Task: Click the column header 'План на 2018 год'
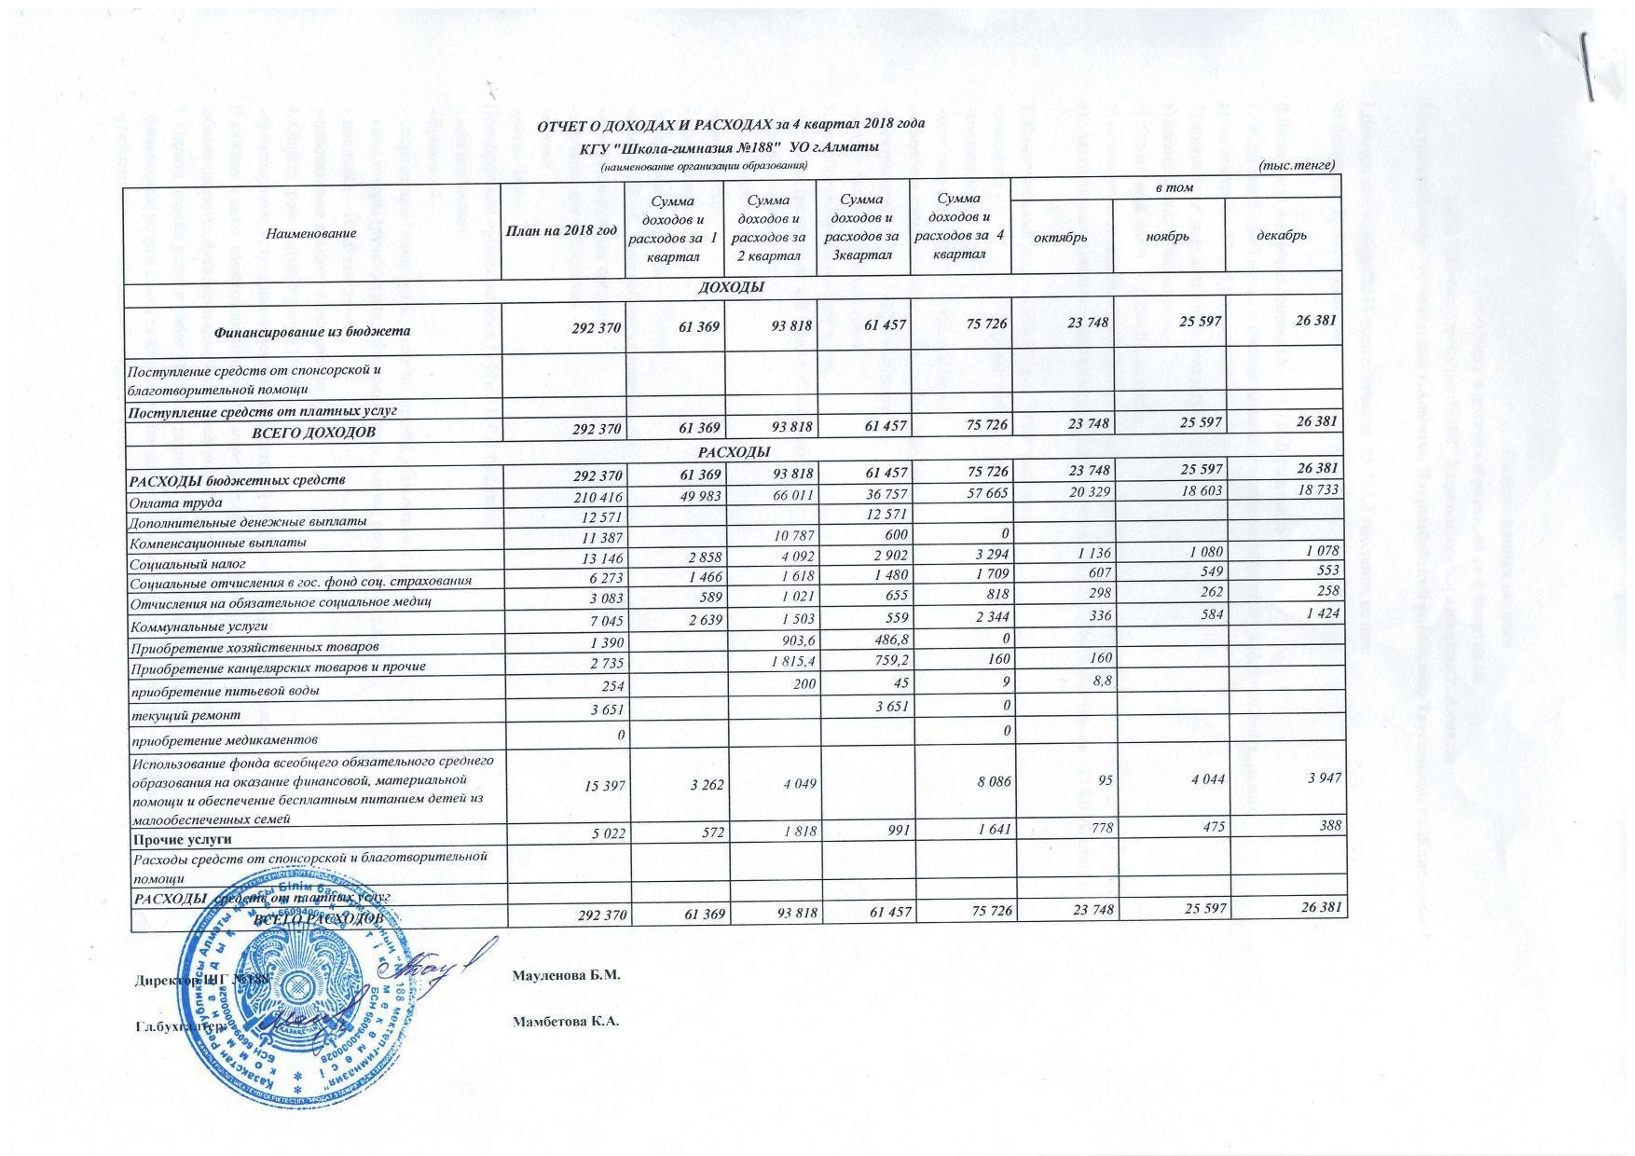[562, 231]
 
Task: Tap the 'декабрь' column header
[1282, 235]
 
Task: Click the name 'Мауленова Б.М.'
[566, 975]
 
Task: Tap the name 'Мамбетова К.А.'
[566, 1021]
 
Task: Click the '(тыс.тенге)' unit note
[1296, 165]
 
